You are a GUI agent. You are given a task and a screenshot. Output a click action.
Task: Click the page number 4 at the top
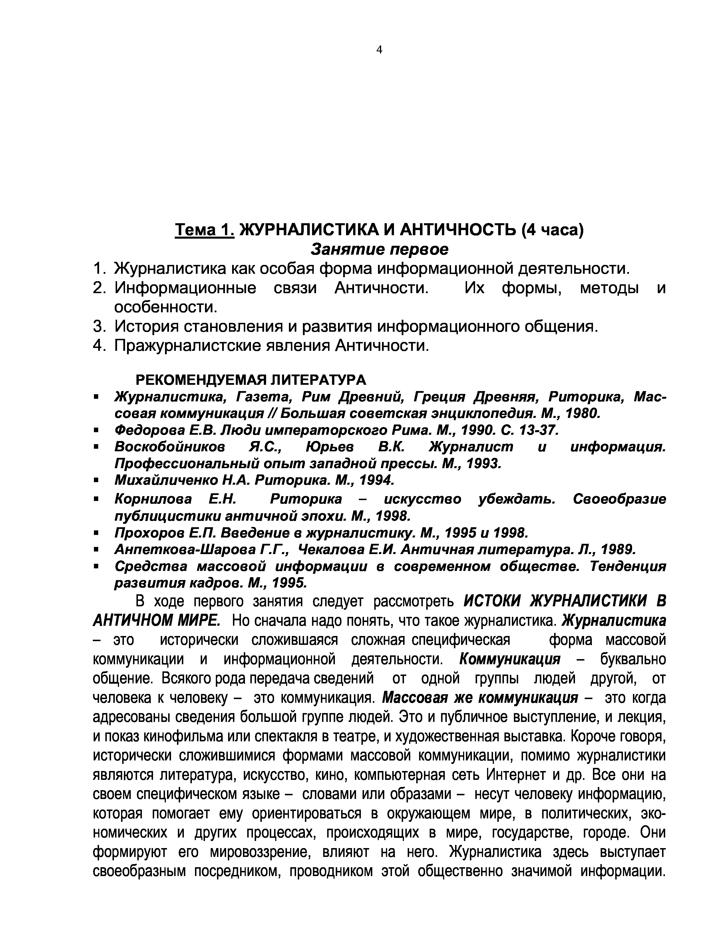click(x=379, y=50)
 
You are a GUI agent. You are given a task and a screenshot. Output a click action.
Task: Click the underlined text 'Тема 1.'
click(x=204, y=230)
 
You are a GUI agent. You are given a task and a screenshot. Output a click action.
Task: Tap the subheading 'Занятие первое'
click(x=379, y=249)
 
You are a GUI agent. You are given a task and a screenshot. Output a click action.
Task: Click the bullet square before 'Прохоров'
click(x=96, y=534)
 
